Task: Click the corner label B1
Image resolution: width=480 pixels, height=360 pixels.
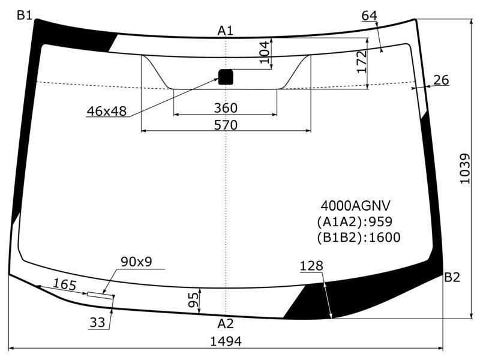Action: pos(25,14)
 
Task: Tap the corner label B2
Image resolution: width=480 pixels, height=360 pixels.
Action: pos(452,277)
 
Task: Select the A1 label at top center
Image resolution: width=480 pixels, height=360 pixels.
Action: pos(226,31)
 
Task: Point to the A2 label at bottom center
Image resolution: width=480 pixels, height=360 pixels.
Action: pos(226,323)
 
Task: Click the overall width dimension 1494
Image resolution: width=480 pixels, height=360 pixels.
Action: pos(226,341)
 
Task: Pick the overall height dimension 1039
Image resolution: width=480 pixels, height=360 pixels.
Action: pos(464,169)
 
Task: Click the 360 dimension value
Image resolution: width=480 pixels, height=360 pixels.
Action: pos(226,108)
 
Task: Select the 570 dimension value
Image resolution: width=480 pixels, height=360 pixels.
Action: pos(226,125)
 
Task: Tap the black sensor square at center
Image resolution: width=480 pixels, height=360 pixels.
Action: pos(226,77)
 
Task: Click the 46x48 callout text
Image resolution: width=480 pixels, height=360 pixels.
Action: pos(107,111)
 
